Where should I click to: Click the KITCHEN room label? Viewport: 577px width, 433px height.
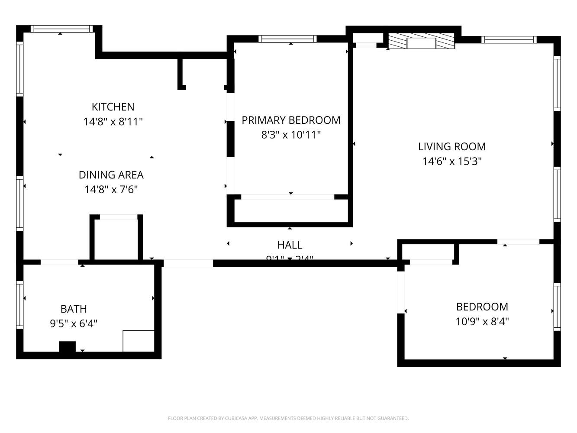[113, 107]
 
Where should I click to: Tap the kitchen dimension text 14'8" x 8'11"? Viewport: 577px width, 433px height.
[113, 122]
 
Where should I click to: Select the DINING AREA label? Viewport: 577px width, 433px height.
[111, 175]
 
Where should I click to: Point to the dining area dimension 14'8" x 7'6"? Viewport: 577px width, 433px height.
[111, 190]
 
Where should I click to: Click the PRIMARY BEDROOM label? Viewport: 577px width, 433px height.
[291, 120]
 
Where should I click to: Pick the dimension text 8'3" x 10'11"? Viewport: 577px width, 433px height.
[291, 135]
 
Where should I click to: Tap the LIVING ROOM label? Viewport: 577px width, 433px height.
[452, 147]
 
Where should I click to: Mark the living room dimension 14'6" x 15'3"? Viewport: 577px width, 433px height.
[452, 162]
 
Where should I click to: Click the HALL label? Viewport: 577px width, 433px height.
[290, 245]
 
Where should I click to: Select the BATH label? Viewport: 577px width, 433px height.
[74, 309]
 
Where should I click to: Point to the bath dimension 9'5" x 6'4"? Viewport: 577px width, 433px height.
[74, 324]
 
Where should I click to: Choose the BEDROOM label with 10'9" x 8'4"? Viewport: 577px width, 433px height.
[482, 307]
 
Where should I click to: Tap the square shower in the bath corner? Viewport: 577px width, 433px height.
[139, 341]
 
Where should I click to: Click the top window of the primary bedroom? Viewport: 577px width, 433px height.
[287, 39]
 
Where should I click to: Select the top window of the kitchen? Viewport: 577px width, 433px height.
[61, 29]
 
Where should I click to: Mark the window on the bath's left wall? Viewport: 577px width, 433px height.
[19, 304]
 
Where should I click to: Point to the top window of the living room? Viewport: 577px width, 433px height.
[509, 40]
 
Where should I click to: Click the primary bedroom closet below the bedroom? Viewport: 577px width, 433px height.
[290, 211]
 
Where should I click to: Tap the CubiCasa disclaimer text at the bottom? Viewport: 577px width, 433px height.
[288, 418]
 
